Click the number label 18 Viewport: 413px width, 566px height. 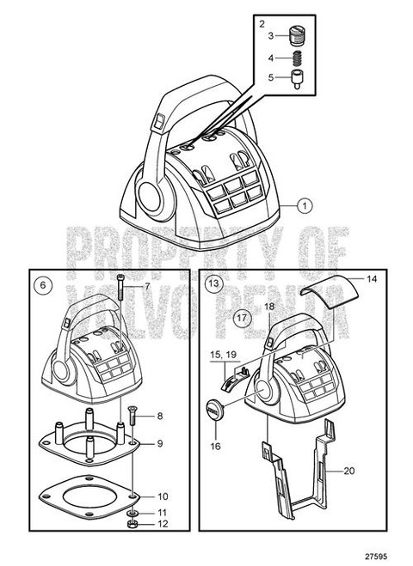[268, 306]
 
